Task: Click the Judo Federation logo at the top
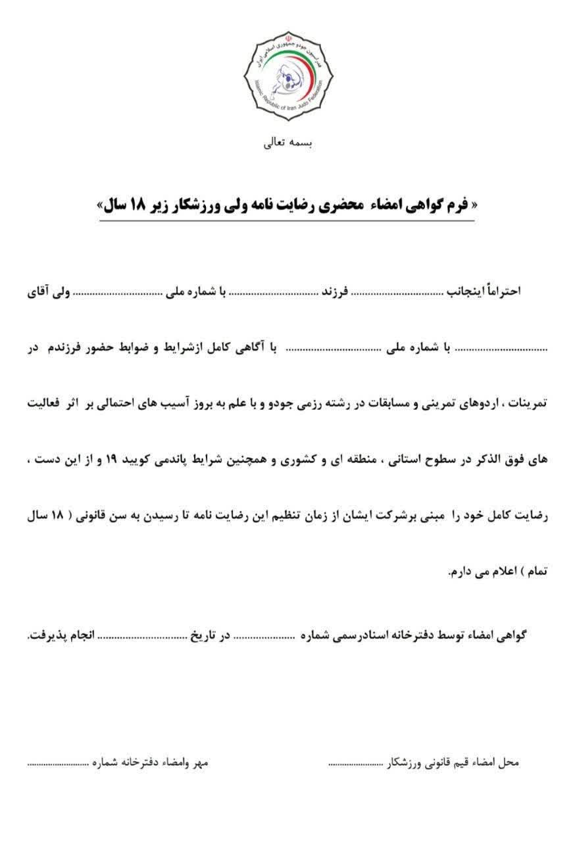click(x=286, y=76)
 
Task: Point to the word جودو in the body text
click(x=279, y=403)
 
